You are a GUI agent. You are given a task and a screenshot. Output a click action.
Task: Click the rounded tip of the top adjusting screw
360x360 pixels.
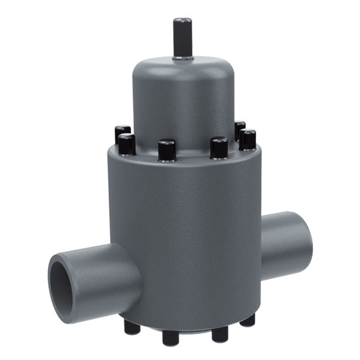click(x=182, y=22)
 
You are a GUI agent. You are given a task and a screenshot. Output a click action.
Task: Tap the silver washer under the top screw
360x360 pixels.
click(x=182, y=58)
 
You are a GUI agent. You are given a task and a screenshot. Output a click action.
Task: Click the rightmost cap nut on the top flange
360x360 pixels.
click(x=247, y=140)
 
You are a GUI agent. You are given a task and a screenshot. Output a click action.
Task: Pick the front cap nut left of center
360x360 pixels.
click(x=167, y=150)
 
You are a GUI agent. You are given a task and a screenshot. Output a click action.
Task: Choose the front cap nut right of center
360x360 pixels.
click(x=219, y=148)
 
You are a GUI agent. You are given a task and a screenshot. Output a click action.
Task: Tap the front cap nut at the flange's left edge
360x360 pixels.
click(x=126, y=144)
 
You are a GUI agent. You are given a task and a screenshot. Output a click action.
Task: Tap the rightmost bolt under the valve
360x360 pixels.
click(x=248, y=320)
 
